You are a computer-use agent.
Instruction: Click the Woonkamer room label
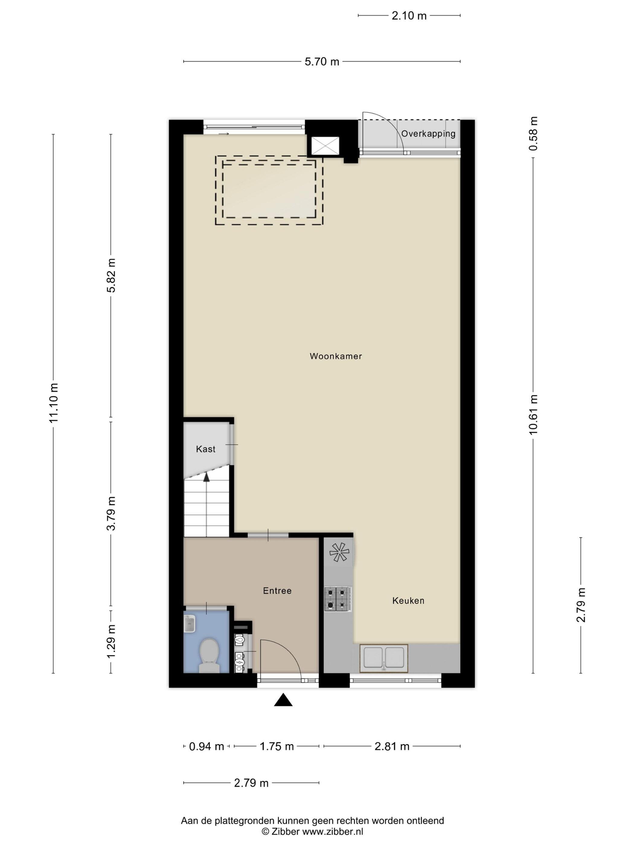pos(335,356)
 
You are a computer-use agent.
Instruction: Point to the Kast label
pos(206,449)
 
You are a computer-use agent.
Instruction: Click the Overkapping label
pos(428,134)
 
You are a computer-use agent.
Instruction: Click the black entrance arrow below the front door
pos(283,700)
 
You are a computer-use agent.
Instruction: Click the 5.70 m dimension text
pos(322,62)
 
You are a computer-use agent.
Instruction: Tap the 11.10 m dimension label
pos(53,403)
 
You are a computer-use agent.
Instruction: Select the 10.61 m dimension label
pos(533,415)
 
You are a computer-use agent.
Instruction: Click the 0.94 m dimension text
pos(207,746)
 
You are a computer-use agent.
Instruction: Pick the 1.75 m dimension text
pos(277,746)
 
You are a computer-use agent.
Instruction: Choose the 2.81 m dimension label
pos(392,746)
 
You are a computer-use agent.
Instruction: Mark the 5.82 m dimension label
pos(111,275)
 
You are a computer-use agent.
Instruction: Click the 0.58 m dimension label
pos(533,134)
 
